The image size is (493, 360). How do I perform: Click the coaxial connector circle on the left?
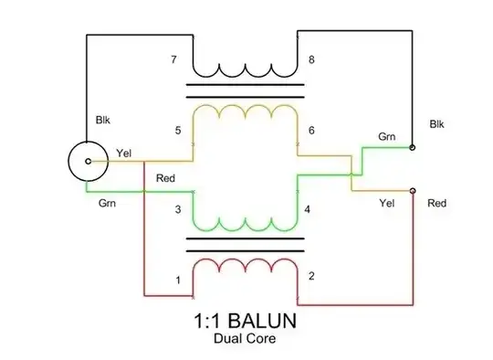coord(89,160)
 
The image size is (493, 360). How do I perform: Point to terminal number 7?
coord(173,60)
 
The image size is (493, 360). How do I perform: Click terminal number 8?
coord(311,60)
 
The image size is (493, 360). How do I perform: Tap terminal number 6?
coord(311,131)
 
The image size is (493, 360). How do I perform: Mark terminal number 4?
coord(307,210)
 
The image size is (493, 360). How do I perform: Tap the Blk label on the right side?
coord(436,123)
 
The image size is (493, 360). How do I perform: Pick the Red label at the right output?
coord(436,202)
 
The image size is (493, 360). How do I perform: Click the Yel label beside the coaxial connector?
coord(125,152)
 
